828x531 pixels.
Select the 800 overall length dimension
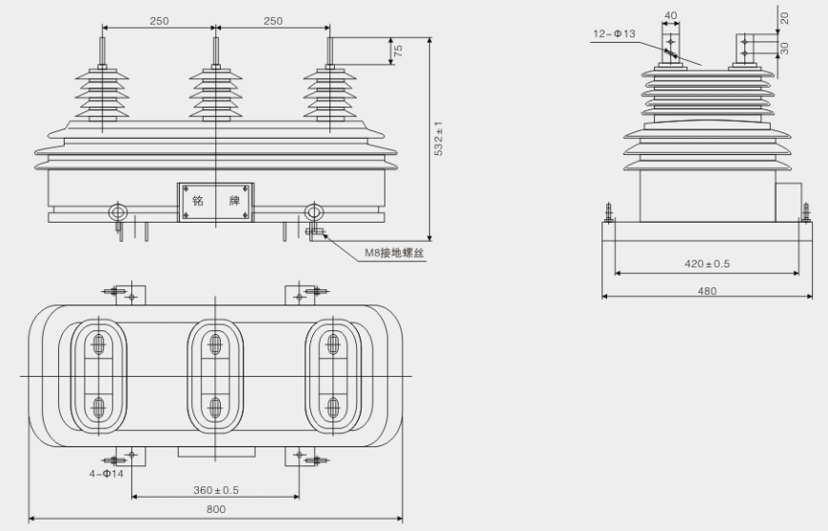pyautogui.click(x=216, y=510)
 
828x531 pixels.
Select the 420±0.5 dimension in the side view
pyautogui.click(x=706, y=264)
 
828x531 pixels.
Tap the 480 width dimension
pyautogui.click(x=706, y=290)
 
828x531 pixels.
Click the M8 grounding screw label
pyautogui.click(x=393, y=253)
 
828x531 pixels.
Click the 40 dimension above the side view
pyautogui.click(x=671, y=15)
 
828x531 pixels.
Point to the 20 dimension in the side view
pyautogui.click(x=784, y=18)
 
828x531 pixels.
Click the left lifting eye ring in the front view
pyautogui.click(x=119, y=211)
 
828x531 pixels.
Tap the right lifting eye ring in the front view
pyautogui.click(x=312, y=212)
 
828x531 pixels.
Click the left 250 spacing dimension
pyautogui.click(x=159, y=20)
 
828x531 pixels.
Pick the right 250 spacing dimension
pyautogui.click(x=274, y=20)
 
